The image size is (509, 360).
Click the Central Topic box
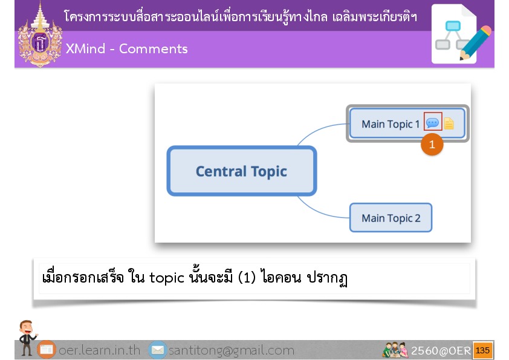tap(242, 171)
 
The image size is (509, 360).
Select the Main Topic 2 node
tap(391, 218)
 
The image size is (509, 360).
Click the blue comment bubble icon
tap(432, 123)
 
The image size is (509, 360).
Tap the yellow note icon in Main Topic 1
tap(449, 123)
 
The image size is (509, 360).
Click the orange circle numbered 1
tap(432, 144)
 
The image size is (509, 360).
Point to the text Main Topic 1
tap(391, 124)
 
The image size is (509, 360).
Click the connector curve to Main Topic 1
tap(320, 131)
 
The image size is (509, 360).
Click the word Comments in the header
tap(153, 49)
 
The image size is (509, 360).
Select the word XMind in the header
tap(85, 49)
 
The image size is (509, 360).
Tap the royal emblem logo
tap(40, 35)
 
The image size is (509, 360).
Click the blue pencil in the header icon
tap(475, 43)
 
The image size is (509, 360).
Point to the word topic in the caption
tap(166, 278)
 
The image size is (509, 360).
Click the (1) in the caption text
tap(247, 277)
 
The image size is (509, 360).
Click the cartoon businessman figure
tap(27, 337)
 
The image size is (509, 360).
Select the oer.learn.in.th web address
tap(99, 350)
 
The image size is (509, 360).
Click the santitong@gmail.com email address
tap(232, 350)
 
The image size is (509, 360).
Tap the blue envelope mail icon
tap(158, 350)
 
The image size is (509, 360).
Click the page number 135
tap(483, 350)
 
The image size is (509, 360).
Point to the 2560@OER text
tap(441, 350)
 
